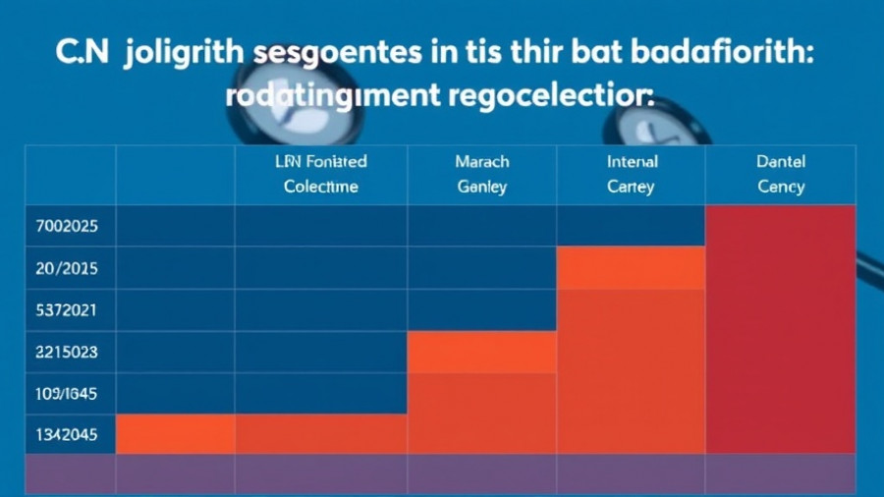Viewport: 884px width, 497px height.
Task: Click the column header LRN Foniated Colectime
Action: (321, 174)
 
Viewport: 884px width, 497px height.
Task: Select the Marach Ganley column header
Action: (481, 174)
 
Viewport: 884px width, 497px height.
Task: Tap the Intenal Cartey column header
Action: (631, 174)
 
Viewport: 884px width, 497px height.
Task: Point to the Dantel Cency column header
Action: (781, 174)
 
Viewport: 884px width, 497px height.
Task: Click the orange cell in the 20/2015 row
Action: (631, 267)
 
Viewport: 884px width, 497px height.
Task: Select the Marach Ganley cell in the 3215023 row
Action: (481, 352)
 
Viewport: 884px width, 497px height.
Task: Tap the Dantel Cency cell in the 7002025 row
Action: (781, 225)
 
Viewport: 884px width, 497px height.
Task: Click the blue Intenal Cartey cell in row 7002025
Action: (631, 225)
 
